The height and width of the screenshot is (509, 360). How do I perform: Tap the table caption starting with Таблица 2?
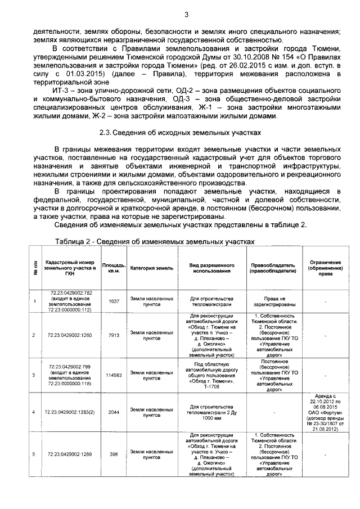(155, 240)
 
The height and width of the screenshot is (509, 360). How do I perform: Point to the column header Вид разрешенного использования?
(209, 267)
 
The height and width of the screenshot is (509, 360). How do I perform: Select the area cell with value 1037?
(114, 301)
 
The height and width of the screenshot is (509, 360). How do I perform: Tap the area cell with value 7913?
(114, 336)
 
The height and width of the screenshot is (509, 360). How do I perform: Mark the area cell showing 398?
(114, 454)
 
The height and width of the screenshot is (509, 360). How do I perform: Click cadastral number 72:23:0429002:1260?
(70, 336)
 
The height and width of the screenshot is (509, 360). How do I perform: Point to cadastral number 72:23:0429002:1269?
(70, 454)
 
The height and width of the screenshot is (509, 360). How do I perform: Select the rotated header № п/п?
(35, 267)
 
